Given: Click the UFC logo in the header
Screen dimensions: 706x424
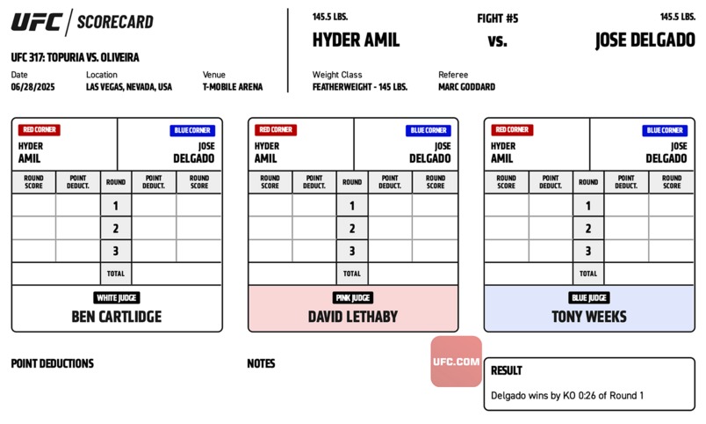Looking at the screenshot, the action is coord(37,22).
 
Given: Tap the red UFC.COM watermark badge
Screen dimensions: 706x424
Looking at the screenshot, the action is coord(456,362).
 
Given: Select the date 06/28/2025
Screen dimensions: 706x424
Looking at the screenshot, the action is coord(32,87).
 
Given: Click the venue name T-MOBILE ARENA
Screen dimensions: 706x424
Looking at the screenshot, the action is coord(233,87).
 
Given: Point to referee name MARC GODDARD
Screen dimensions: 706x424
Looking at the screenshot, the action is coord(466,87).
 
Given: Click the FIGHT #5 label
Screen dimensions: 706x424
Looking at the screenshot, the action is coord(498,18).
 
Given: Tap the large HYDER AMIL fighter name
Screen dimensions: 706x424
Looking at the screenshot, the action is coord(356,40).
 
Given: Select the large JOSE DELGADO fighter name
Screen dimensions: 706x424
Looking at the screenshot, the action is coord(645,40).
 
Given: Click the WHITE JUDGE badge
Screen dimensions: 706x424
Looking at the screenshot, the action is coord(117,297).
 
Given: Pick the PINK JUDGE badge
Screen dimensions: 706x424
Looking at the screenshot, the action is coord(353,297).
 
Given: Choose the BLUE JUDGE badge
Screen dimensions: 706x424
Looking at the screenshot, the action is coord(589,297).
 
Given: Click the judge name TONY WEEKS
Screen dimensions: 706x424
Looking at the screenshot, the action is coord(589,317).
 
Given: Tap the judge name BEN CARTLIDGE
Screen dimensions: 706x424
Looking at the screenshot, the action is coord(117,317).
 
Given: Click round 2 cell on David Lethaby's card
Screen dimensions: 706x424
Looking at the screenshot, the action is coord(352,228).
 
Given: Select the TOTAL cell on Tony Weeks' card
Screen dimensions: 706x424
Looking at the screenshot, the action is coord(588,274).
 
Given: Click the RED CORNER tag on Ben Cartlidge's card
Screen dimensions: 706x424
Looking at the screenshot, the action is coord(40,130).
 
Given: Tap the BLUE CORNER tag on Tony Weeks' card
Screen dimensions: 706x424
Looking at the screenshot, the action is coord(665,130).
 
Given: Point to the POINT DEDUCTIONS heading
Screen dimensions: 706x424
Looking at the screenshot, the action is coord(52,363).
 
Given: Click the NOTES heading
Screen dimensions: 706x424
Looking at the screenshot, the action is coord(261,363).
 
